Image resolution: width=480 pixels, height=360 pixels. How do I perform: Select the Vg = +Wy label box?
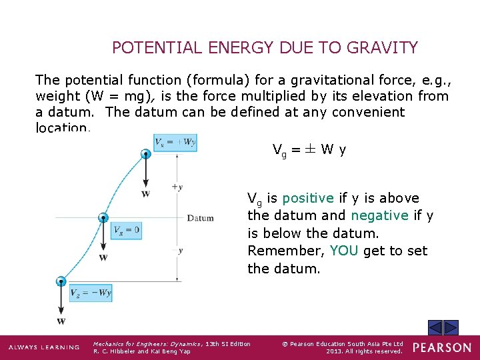coord(175,142)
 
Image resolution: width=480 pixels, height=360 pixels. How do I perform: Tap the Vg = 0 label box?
coord(127,231)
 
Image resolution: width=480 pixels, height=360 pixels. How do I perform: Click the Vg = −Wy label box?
coord(91,293)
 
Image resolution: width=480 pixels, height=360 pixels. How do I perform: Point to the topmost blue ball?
coord(145,155)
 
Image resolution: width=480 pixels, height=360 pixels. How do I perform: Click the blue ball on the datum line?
coord(103,217)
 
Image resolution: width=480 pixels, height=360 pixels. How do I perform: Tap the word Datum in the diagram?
coord(200,218)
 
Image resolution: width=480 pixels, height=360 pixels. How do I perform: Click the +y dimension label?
coord(177,187)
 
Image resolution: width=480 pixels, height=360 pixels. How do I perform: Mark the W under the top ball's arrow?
coord(145,194)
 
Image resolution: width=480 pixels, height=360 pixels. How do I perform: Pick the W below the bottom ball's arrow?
coord(61,321)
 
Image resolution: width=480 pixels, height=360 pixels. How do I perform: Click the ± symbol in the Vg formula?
coord(310,150)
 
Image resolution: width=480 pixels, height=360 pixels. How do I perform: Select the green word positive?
coord(307,198)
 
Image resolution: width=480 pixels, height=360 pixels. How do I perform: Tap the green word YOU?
coord(344,251)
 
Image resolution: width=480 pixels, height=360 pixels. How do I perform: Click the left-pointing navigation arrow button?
coord(435,327)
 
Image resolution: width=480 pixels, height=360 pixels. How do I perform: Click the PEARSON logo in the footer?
coord(441,347)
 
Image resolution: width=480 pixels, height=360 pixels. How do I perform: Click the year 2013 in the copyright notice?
coord(336,351)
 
